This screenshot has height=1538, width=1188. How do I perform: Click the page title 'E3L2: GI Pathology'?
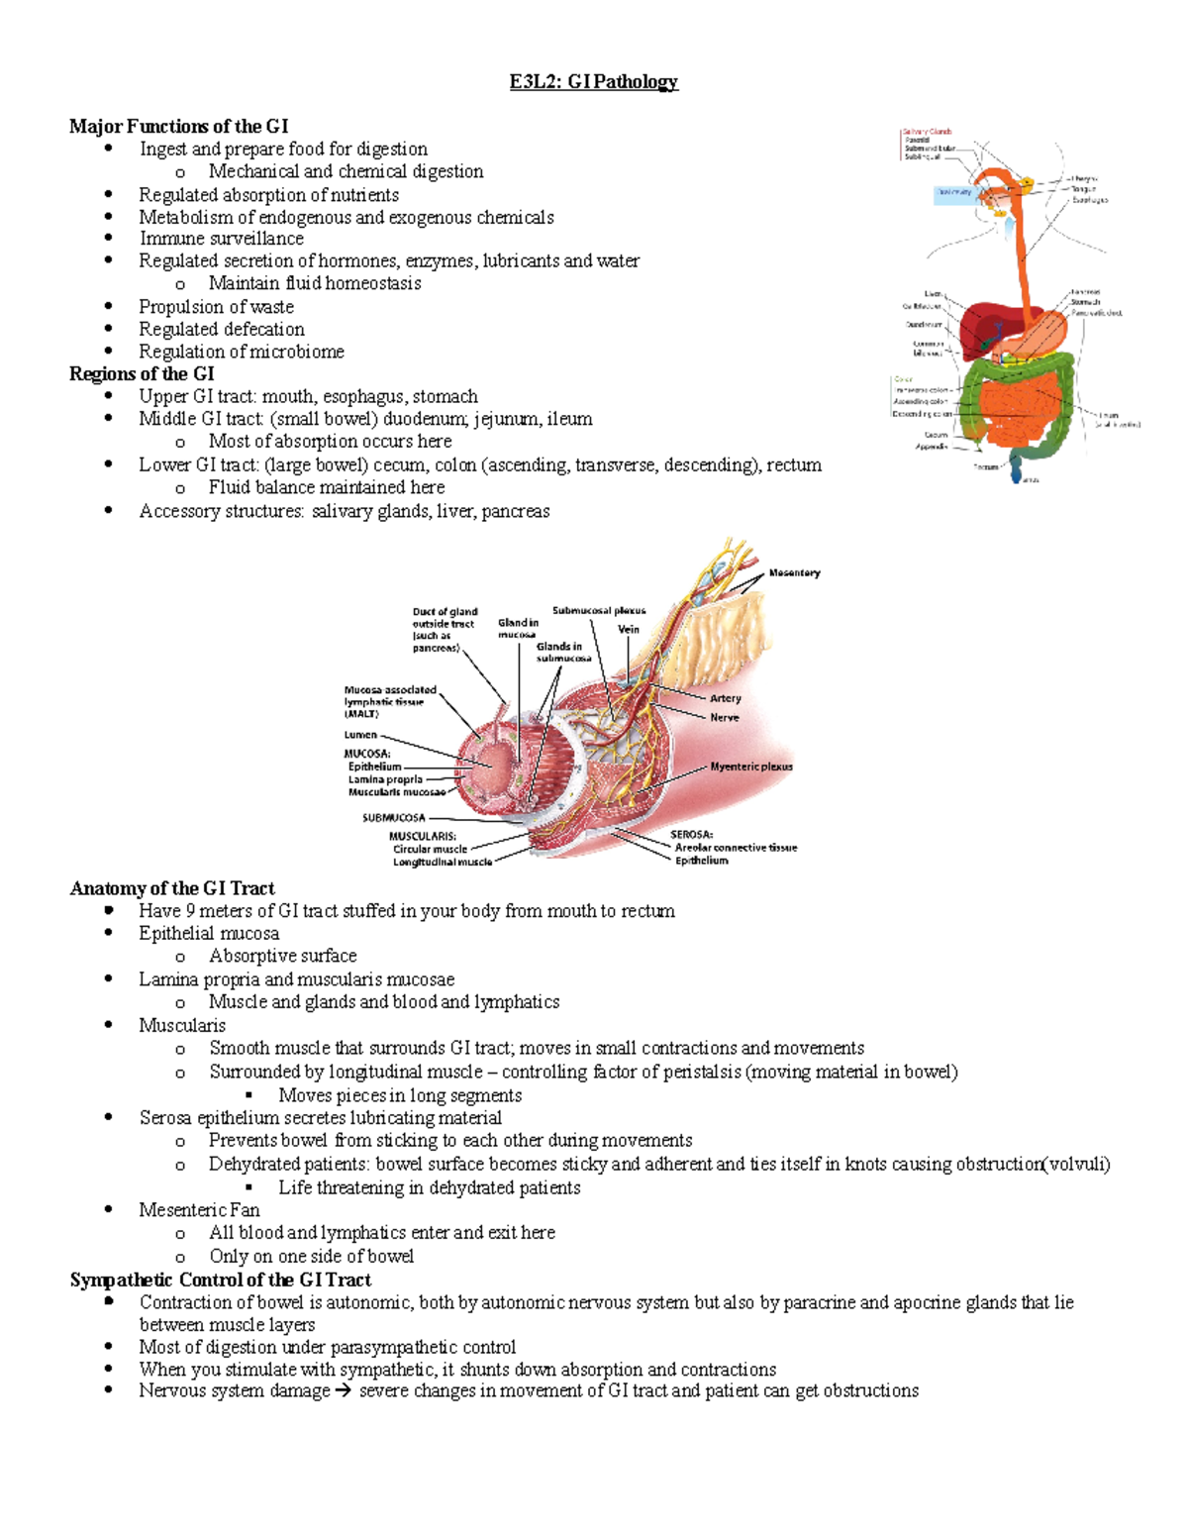(x=593, y=81)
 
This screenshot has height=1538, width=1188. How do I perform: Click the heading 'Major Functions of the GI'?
(x=178, y=126)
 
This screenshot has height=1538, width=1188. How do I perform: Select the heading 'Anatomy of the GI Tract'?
(x=171, y=888)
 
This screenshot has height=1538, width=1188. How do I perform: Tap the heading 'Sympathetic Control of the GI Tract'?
(x=220, y=1280)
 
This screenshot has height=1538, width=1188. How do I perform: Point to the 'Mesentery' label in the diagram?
(x=794, y=572)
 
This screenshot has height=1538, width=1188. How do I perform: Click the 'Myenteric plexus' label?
(x=750, y=767)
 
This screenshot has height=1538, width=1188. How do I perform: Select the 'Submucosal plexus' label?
(x=598, y=611)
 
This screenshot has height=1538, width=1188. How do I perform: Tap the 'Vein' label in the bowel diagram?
(x=629, y=629)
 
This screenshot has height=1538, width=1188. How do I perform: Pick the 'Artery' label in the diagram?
(x=725, y=698)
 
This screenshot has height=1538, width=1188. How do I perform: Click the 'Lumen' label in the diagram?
(x=360, y=735)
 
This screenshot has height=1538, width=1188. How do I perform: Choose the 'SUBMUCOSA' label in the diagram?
(x=393, y=818)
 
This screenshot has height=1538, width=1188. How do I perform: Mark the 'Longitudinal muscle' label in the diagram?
(x=442, y=862)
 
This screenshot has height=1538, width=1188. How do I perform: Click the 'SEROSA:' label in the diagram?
(x=691, y=835)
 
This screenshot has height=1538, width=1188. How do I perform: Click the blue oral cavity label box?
(x=954, y=193)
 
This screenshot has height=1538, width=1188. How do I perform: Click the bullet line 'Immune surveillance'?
(x=221, y=239)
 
